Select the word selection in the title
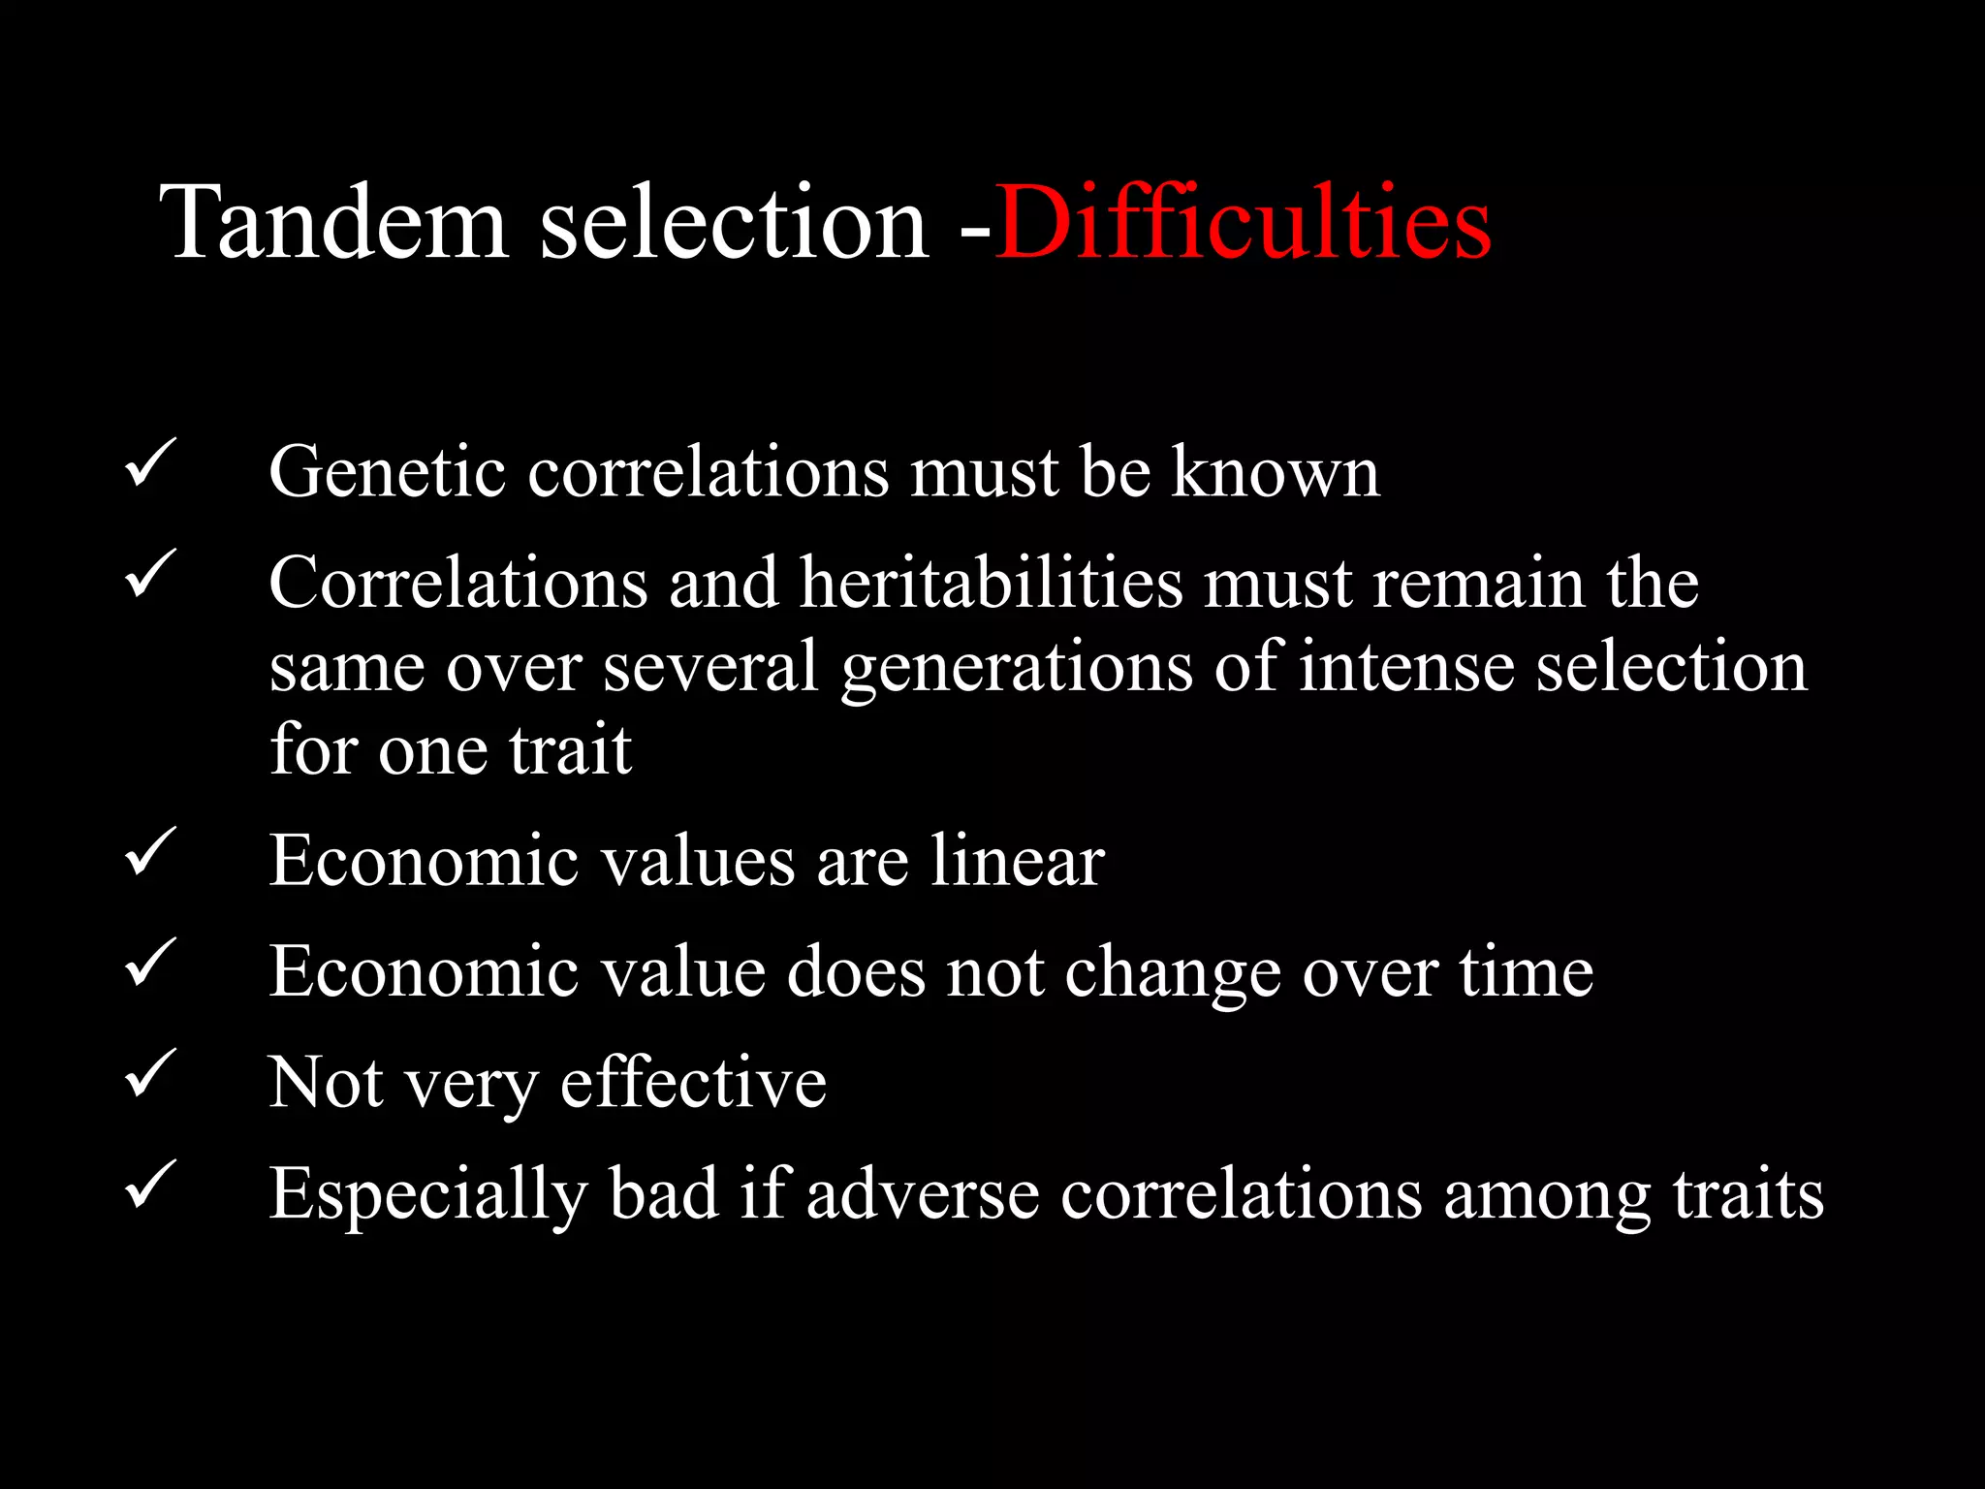[x=734, y=225]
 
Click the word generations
[x=1017, y=669]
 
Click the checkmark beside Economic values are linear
[x=150, y=851]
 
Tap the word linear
[x=1017, y=861]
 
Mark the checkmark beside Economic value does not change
[x=150, y=962]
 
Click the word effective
[x=693, y=1082]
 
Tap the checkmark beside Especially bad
[x=150, y=1184]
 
